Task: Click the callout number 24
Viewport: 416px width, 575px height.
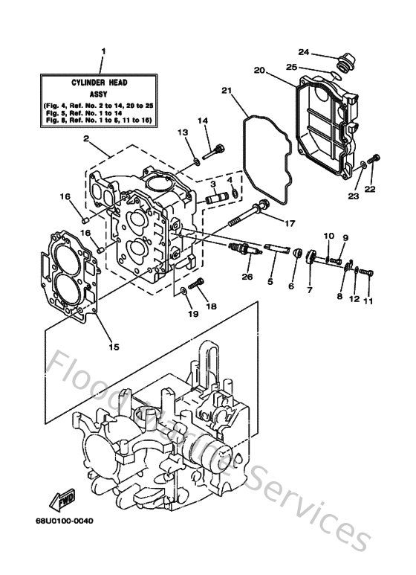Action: point(303,51)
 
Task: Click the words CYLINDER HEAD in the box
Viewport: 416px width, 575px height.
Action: point(103,83)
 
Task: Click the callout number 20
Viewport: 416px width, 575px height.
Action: point(259,71)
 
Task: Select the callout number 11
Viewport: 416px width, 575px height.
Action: point(368,302)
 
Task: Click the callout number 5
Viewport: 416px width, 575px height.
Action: point(270,282)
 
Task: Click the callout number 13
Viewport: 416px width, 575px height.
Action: point(183,132)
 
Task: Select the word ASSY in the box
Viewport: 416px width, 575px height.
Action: point(103,95)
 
